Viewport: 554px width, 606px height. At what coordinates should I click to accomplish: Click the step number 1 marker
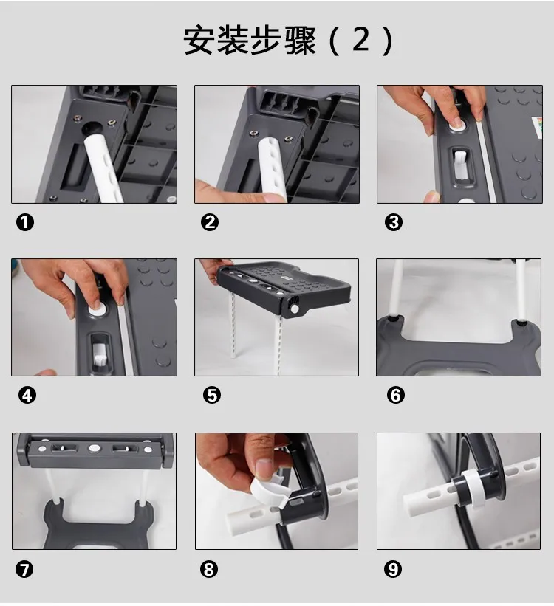(25, 223)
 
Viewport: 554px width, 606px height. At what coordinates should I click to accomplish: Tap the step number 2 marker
(210, 223)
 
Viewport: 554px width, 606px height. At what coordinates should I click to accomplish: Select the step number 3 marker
(394, 223)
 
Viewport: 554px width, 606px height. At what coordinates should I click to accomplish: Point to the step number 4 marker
(27, 396)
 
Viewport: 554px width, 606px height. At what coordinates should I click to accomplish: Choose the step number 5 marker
(212, 396)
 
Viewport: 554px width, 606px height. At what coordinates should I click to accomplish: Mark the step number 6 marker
(396, 396)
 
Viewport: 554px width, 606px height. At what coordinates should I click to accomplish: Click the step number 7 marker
(24, 569)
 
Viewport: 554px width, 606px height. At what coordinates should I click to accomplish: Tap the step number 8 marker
(209, 569)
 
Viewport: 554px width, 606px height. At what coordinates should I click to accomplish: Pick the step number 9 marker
(393, 569)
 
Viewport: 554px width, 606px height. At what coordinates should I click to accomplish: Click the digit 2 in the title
(361, 39)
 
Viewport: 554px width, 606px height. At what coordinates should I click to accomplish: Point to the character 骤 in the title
(300, 40)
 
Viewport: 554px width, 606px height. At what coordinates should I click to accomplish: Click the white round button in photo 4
(97, 309)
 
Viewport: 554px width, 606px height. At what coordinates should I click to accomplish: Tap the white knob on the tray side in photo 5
(295, 309)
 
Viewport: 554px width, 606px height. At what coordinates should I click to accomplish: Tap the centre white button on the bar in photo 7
(94, 448)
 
